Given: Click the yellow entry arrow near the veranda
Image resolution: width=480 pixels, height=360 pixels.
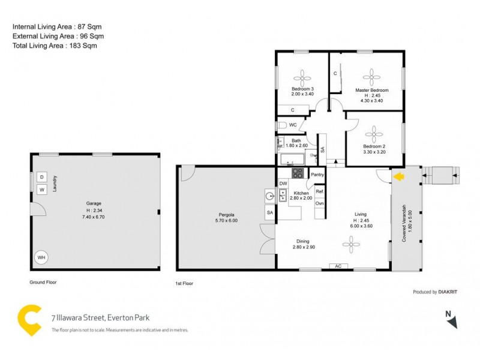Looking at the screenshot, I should pos(398,176).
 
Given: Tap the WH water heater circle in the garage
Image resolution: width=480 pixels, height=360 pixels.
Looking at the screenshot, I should pos(41,257).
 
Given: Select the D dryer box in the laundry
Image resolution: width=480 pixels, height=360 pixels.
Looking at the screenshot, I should pos(42,177).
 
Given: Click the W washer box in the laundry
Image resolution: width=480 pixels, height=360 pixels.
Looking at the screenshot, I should pos(42,190).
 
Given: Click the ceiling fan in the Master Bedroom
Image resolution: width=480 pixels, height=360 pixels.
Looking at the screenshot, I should pos(372,76).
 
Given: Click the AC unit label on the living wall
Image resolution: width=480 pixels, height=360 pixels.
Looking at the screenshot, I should pos(338,266).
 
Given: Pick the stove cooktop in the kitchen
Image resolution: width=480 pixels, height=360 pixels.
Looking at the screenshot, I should pos(298,173).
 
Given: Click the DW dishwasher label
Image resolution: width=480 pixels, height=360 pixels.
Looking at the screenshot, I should pos(283,184).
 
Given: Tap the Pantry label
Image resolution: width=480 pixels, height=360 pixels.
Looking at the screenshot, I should pos(317,175).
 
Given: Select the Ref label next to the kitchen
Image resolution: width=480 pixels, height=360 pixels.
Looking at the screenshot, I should pos(320,191).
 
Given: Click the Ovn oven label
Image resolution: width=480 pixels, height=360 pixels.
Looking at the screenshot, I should pos(320,203).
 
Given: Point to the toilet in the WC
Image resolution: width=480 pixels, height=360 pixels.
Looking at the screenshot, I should pos(283,125).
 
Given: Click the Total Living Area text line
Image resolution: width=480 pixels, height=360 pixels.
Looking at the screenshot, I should pos(55,46).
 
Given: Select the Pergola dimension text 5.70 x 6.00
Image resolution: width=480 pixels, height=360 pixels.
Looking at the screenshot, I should pos(227,221).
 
